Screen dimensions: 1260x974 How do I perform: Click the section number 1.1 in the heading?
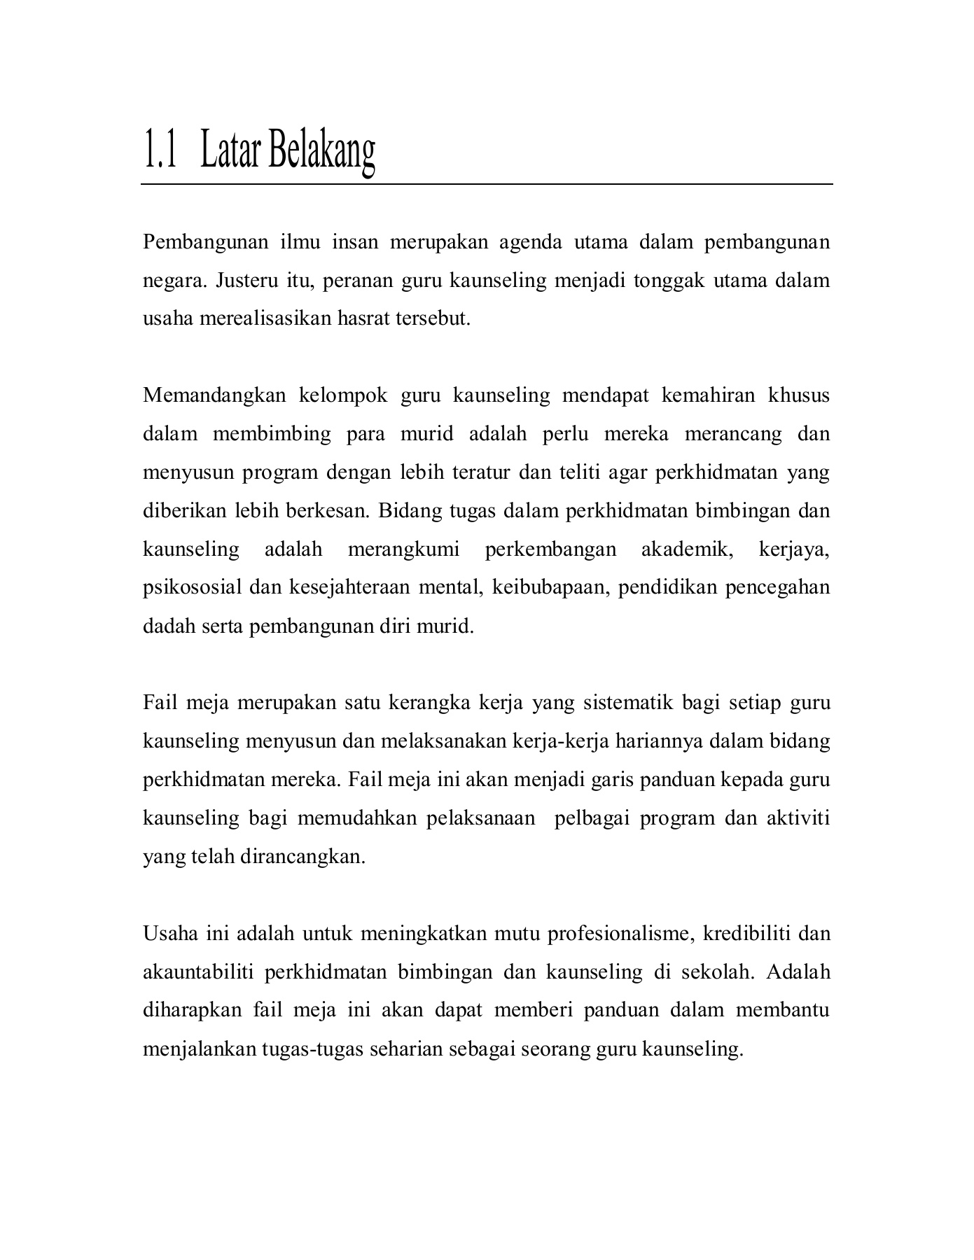point(160,150)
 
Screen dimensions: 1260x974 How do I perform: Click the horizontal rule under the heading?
point(487,184)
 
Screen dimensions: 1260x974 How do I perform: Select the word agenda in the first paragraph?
point(530,242)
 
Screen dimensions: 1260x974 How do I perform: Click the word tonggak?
point(669,281)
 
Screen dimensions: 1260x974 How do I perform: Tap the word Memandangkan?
point(214,395)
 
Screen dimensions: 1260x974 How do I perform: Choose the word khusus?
point(799,395)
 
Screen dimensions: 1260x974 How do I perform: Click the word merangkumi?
point(403,549)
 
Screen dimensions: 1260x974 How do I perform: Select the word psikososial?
point(192,587)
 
